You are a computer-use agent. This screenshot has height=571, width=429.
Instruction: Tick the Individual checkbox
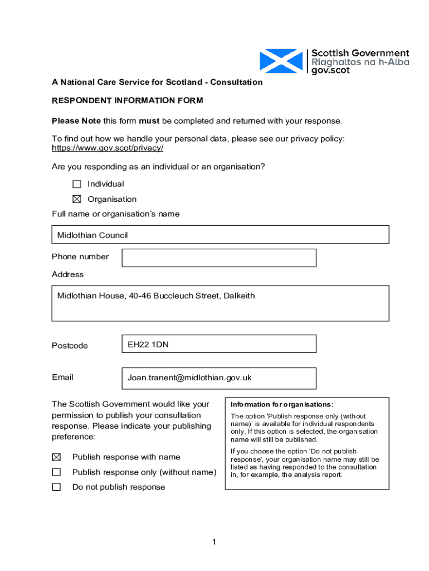coord(77,184)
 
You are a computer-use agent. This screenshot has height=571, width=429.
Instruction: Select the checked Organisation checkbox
coord(77,199)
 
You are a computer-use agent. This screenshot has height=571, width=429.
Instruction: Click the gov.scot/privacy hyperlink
coord(108,148)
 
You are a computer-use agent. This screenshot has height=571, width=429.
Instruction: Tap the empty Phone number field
coord(219,258)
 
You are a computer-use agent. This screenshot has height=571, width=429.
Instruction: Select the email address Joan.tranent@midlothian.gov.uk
coord(189,378)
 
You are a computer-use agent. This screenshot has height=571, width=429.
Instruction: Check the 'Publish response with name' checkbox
coord(56,457)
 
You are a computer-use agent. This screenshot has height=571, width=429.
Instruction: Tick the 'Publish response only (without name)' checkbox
coord(56,472)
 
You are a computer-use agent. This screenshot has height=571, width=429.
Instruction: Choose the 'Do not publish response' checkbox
coord(56,487)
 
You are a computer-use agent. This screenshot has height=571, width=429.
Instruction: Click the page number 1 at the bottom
coord(213,542)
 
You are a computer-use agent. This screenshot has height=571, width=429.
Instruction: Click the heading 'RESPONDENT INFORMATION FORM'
coord(128,101)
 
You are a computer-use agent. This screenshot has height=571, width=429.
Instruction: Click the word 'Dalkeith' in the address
coord(239,296)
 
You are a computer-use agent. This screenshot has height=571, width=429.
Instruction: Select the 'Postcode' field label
coord(70,346)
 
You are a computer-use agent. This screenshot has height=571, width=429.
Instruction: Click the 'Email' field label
coord(62,377)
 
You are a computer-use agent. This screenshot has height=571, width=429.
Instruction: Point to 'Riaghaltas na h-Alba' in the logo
coord(360,62)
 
